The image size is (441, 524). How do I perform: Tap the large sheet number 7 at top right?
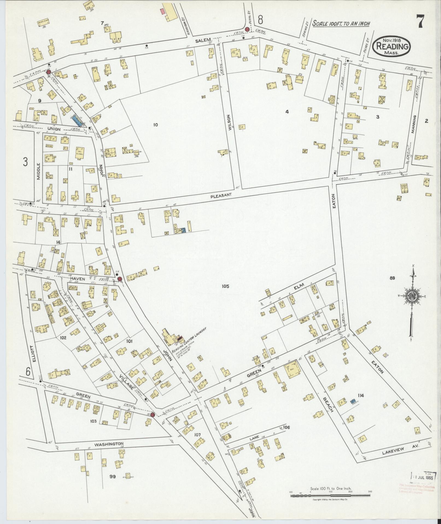point(420,22)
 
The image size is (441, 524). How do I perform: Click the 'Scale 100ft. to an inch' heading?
point(341,24)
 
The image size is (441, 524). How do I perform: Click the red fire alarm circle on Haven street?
point(119,279)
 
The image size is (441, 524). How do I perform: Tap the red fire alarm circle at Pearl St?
point(247,29)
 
